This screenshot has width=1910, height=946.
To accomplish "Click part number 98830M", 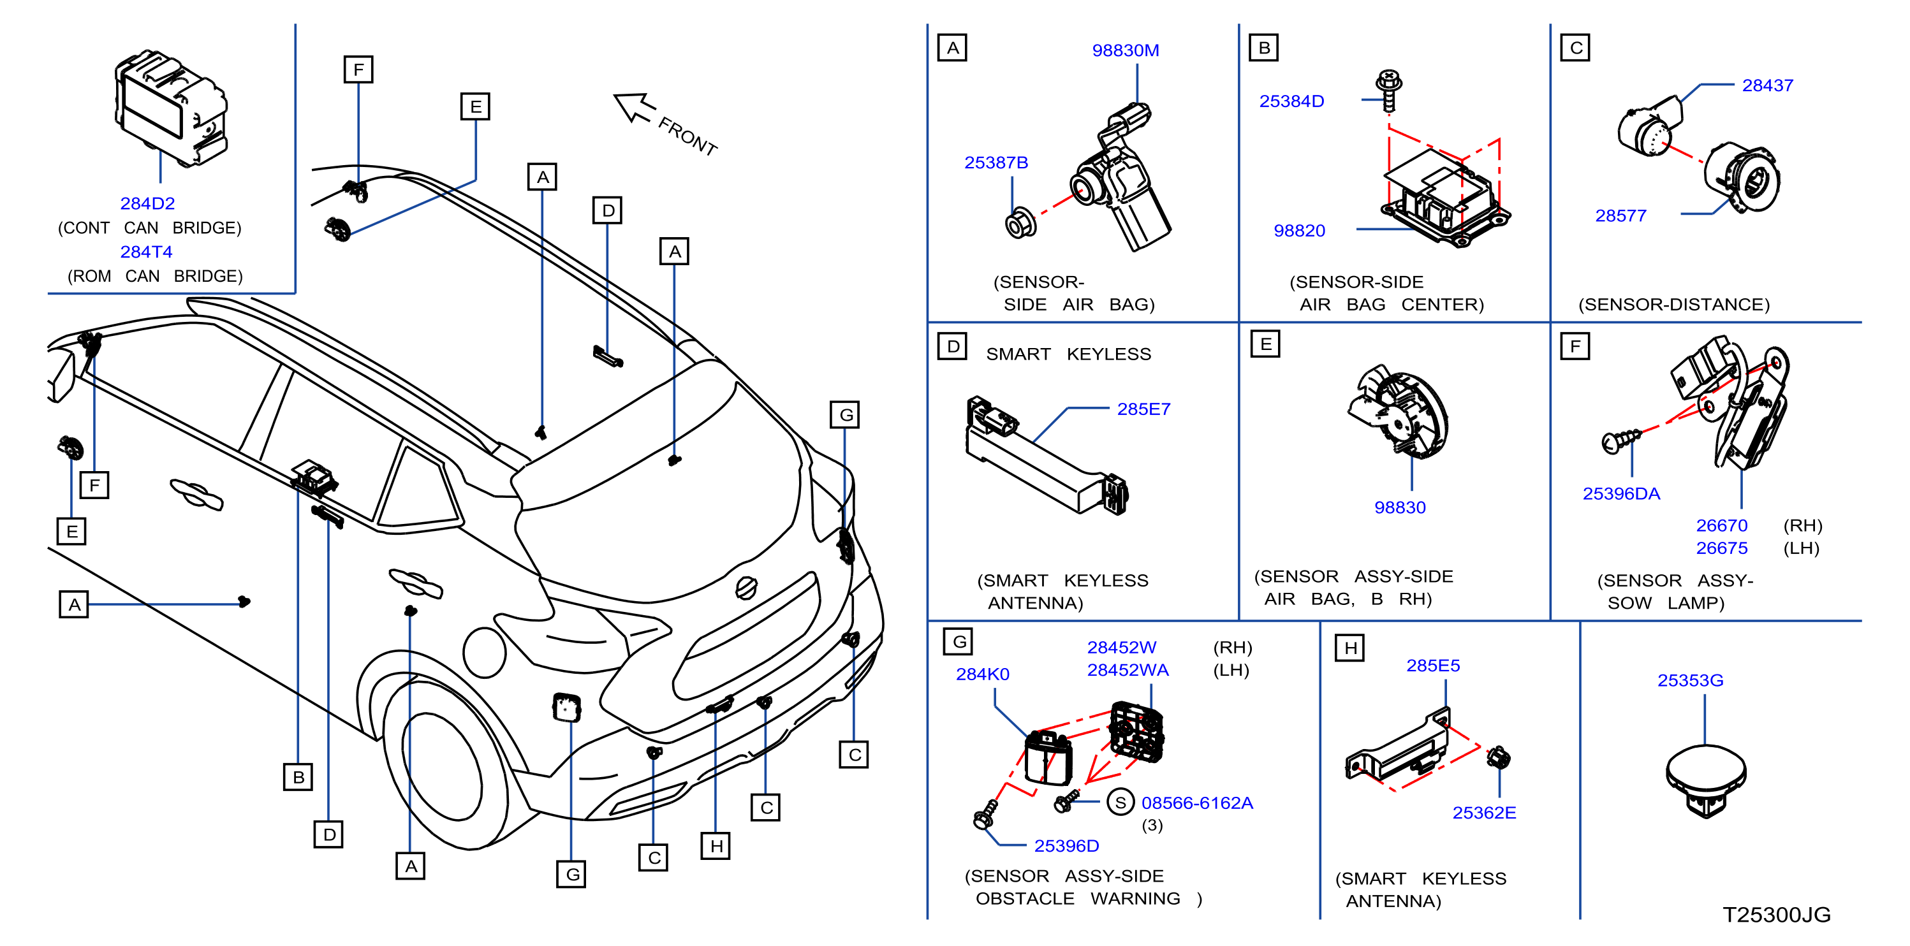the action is (1125, 50).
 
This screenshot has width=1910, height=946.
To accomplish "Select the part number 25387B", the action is (995, 163).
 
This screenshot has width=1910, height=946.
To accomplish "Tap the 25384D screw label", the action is (1291, 101).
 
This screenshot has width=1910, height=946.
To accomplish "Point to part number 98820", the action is (1299, 231).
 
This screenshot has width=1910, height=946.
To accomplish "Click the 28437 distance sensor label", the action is (1767, 85).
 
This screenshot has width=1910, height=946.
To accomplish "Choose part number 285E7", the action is (1143, 409).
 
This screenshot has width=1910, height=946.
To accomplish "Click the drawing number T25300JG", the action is (1776, 914).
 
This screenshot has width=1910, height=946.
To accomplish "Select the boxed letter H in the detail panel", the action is (1349, 647).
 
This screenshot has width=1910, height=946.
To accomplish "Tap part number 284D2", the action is (147, 203).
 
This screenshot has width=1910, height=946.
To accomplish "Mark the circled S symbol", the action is (1120, 802).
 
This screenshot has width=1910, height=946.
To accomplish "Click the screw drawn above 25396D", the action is (985, 814).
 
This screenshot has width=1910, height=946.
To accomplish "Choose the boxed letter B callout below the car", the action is (297, 776).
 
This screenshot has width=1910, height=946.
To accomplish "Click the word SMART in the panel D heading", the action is (1018, 354).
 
